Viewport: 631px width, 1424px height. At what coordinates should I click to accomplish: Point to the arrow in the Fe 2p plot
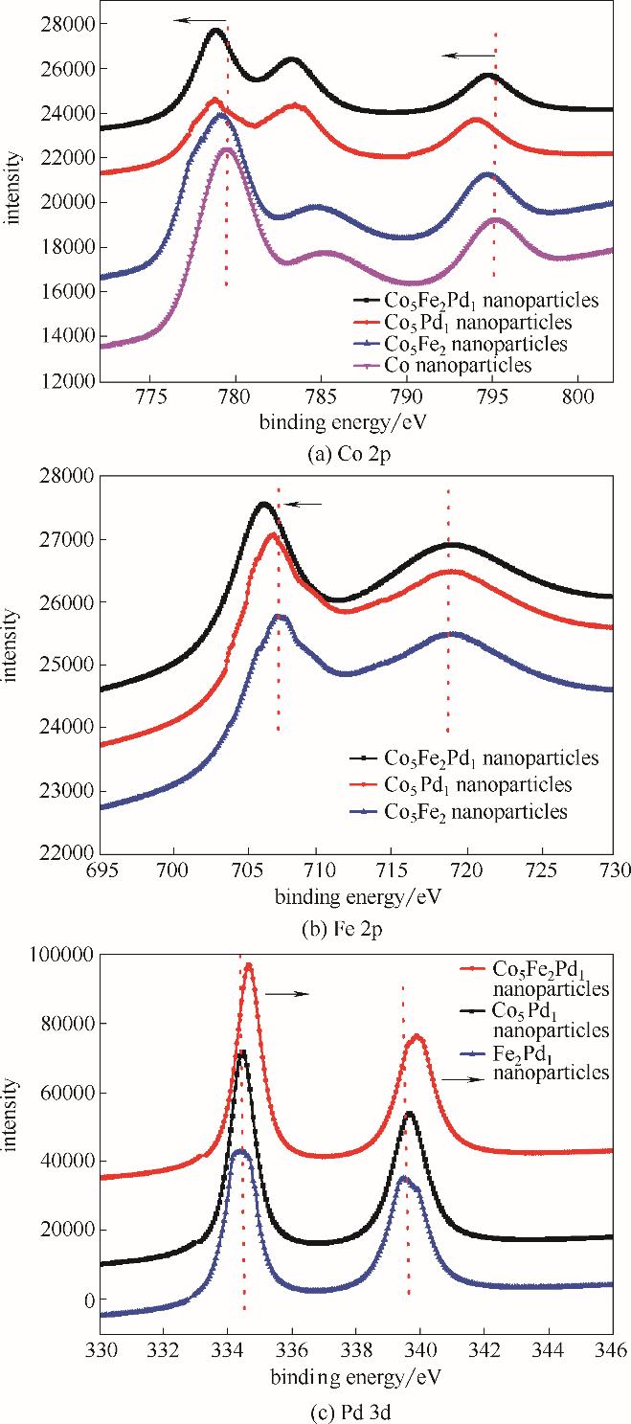point(305,504)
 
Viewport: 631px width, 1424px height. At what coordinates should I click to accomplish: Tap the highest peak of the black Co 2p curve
point(214,31)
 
